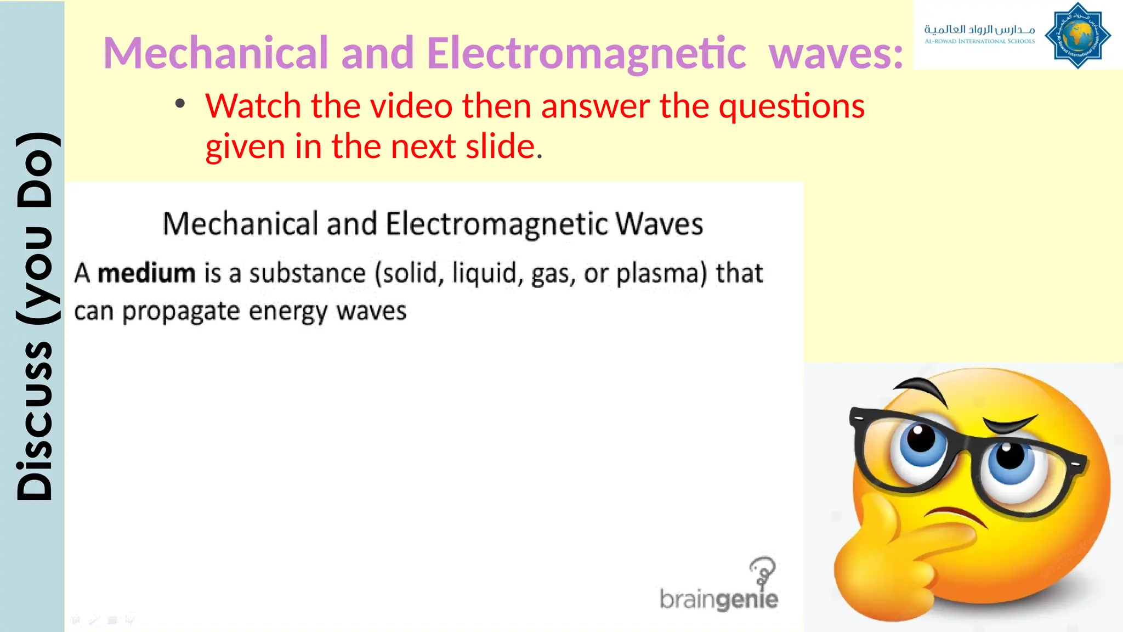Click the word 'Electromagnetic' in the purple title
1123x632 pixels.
pos(586,53)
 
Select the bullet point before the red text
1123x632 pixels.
pos(180,104)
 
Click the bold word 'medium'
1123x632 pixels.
pos(146,273)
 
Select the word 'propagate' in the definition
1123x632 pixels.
pos(181,312)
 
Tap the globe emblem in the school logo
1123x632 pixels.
pos(1077,36)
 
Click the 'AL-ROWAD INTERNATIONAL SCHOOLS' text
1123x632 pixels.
pos(979,41)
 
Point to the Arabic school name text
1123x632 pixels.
pos(979,29)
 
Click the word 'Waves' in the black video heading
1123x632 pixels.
pos(659,224)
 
